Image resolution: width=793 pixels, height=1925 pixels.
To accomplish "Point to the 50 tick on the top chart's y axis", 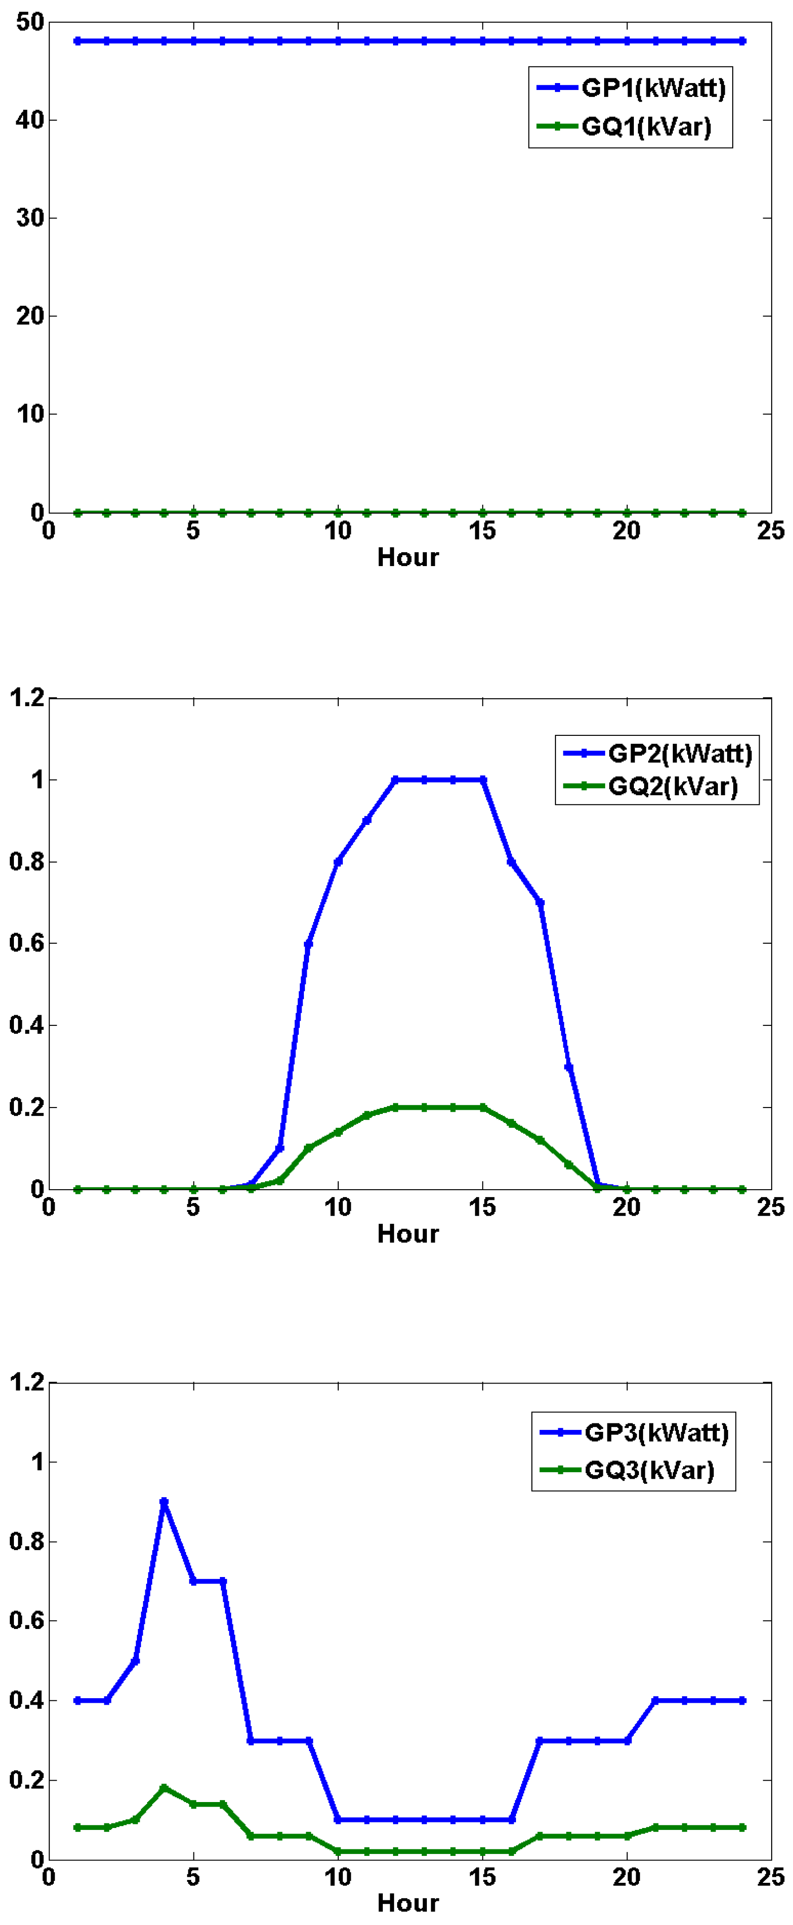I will (30, 22).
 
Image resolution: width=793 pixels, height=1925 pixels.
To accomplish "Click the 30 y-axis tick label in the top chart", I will (30, 218).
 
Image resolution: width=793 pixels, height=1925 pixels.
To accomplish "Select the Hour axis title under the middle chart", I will (407, 1233).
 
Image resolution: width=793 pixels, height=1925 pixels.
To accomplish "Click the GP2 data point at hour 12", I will (395, 779).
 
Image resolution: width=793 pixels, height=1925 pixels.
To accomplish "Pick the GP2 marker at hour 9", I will (309, 944).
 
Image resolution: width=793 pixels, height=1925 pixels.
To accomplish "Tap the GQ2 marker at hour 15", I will (483, 1107).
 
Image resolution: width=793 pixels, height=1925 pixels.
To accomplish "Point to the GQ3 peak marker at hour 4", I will (164, 1788).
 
